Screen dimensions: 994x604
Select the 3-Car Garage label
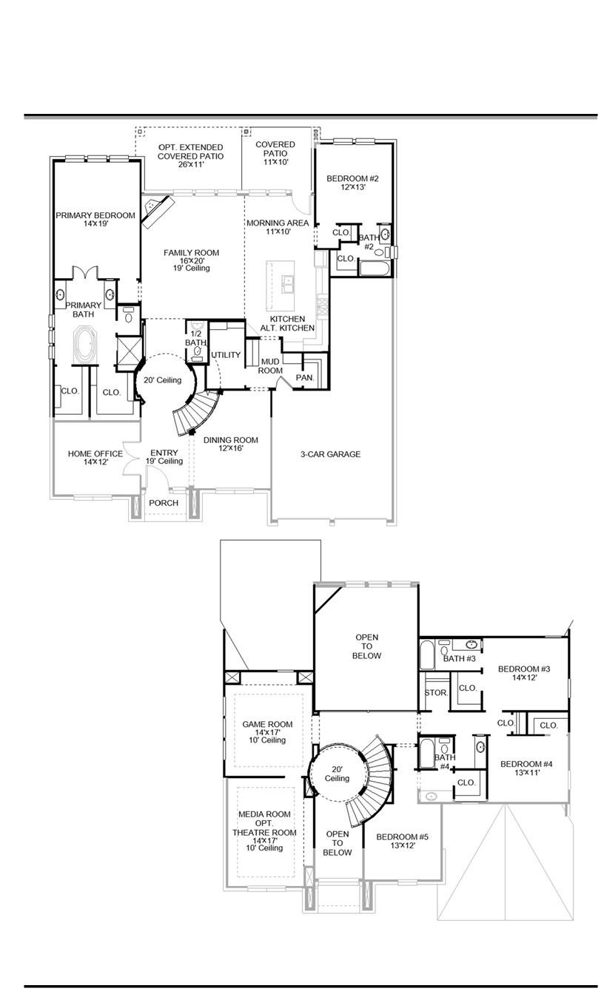[x=331, y=454]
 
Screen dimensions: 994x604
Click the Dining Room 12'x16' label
[x=231, y=444]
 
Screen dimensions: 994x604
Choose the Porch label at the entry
[x=164, y=503]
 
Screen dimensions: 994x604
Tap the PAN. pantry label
[x=305, y=377]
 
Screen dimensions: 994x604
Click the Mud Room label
[x=271, y=365]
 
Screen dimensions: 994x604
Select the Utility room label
[x=226, y=355]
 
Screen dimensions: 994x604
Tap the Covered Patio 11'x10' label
[x=275, y=153]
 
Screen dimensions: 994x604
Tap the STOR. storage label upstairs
[x=434, y=693]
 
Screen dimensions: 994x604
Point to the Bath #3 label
[x=459, y=658]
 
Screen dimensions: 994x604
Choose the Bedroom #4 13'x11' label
[x=526, y=768]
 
